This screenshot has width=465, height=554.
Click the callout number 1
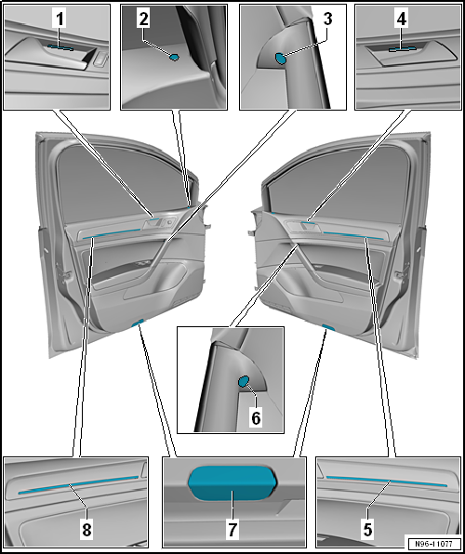pos(60,20)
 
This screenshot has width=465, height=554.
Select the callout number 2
pos(143,20)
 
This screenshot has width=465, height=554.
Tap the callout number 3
pos(327,19)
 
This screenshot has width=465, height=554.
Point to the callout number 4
pos(402,20)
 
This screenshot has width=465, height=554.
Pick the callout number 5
pos(367,530)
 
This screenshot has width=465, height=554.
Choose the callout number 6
pos(256,418)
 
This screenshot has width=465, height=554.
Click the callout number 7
pos(232,530)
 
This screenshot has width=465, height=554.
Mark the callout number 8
pos(87,530)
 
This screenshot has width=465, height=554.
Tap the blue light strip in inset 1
pos(60,47)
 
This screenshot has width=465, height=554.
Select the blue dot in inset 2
pos(174,57)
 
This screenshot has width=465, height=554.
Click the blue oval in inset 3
pos(281,59)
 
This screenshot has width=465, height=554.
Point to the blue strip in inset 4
pos(403,49)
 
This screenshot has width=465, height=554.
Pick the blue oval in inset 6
pos(244,382)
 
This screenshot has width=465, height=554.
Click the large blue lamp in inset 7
pos(232,483)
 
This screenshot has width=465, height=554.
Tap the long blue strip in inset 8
pos(78,484)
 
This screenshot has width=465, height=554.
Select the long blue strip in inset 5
pos(387,481)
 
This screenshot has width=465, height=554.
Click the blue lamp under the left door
pos(138,323)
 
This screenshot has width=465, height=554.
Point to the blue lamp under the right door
pos(327,327)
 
